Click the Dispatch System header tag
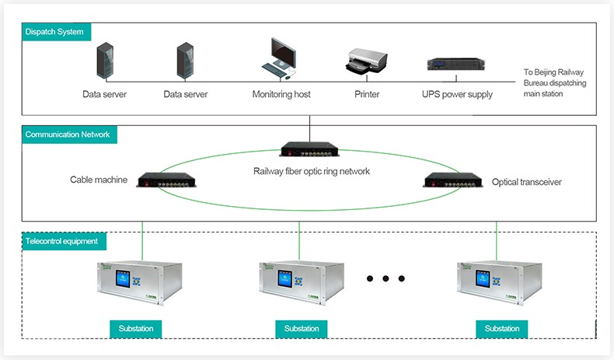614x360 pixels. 54,32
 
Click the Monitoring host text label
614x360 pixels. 281,95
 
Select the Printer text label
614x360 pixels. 367,95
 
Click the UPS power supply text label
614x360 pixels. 457,95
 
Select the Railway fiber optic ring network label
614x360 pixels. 311,171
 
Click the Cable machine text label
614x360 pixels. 99,180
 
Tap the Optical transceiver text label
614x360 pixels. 526,182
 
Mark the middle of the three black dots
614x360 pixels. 385,278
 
